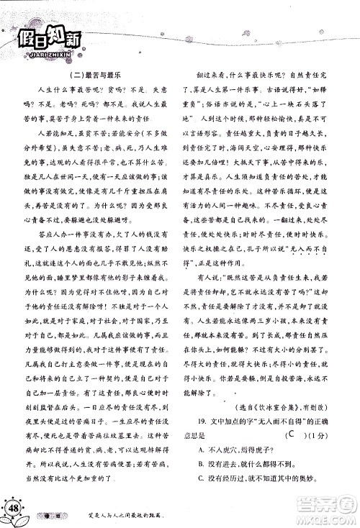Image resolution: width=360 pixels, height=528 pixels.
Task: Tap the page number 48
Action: coord(14,509)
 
